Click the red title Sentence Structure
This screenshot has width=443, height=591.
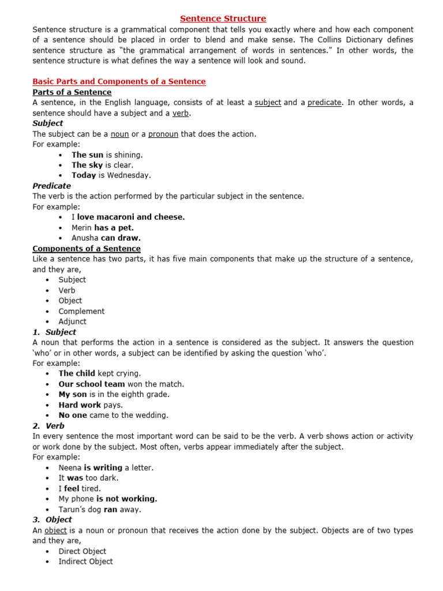pyautogui.click(x=223, y=19)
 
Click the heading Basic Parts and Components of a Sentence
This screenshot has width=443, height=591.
pyautogui.click(x=119, y=81)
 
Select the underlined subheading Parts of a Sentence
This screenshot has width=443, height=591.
pyautogui.click(x=72, y=92)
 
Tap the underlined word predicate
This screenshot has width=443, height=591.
pyautogui.click(x=325, y=103)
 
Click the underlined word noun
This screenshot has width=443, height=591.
pyautogui.click(x=119, y=134)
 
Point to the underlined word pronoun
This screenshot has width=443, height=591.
pyautogui.click(x=164, y=134)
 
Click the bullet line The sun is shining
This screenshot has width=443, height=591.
pyautogui.click(x=107, y=155)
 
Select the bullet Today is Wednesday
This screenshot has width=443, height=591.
pyautogui.click(x=111, y=175)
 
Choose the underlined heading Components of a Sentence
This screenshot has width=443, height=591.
pyautogui.click(x=87, y=248)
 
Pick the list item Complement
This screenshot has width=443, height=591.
pyautogui.click(x=81, y=311)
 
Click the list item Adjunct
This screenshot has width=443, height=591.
pyautogui.click(x=72, y=321)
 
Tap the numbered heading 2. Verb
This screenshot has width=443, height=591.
pyautogui.click(x=48, y=426)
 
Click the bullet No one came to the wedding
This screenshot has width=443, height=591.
pyautogui.click(x=113, y=415)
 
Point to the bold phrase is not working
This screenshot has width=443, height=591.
pyautogui.click(x=126, y=499)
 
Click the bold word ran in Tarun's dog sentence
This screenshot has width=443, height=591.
pyautogui.click(x=111, y=509)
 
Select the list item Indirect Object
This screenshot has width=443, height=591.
pyautogui.click(x=85, y=561)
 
